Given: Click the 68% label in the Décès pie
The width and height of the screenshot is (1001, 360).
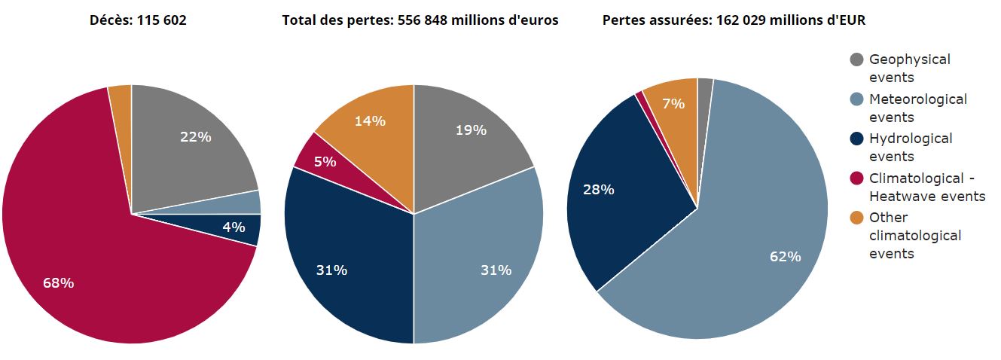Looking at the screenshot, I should (x=59, y=283).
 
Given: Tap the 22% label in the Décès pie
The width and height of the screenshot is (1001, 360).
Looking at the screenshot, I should (x=195, y=136).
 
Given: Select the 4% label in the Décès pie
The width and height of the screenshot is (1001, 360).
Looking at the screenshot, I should (x=233, y=227).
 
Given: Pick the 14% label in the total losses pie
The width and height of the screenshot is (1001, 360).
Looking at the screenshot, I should (x=371, y=121).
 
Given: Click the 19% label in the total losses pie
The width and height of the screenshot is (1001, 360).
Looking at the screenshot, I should (x=471, y=130).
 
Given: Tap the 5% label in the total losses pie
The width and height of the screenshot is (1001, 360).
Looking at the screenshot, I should (x=325, y=161).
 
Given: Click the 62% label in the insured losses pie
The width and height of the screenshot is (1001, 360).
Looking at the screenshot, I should (x=785, y=257).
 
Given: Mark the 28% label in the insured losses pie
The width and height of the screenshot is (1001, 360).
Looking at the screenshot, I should (x=599, y=190).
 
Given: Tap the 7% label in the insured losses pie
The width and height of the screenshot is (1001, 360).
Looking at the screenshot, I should (x=673, y=104).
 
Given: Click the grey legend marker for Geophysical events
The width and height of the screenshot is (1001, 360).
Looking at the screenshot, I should (x=856, y=59).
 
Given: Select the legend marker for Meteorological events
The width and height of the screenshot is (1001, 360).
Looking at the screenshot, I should (x=856, y=99).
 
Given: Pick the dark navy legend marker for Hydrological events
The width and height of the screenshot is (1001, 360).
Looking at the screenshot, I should (x=856, y=139).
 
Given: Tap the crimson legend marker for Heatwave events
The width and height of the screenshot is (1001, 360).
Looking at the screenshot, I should (x=856, y=178).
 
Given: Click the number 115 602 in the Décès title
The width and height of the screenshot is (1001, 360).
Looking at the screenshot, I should (x=161, y=20).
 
